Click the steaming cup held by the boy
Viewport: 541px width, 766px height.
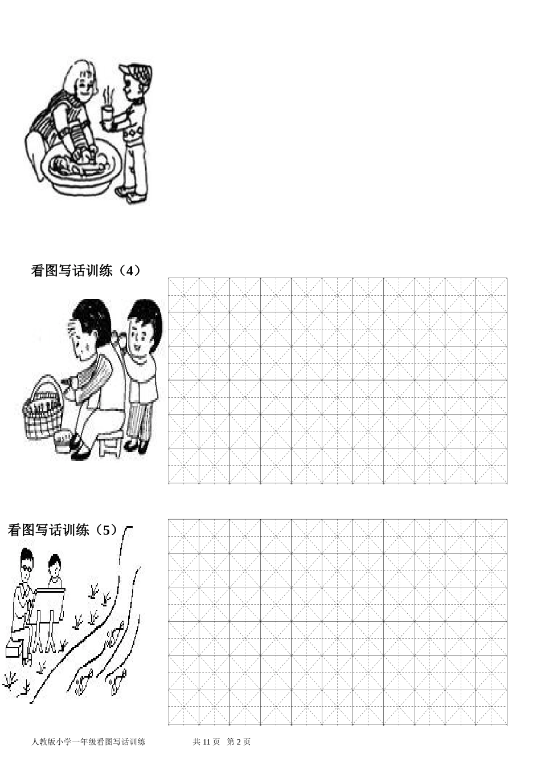107,115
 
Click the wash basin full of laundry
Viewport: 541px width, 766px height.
82,165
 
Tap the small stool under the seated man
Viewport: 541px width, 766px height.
110,442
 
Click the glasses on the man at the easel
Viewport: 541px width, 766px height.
27,567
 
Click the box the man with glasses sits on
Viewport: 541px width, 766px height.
15,649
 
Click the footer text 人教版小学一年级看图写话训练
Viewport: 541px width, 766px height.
89,741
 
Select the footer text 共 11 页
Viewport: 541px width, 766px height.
206,741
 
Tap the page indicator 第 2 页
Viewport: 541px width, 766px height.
239,741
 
